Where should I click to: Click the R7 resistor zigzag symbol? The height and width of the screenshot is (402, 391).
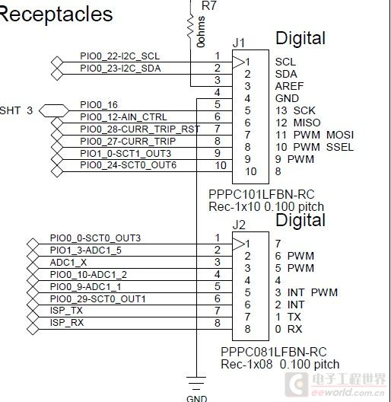click(x=190, y=26)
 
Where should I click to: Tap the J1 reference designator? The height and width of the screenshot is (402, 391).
click(x=239, y=43)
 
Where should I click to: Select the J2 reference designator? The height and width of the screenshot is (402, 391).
click(x=239, y=225)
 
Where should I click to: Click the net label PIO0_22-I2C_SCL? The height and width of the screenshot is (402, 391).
click(x=120, y=56)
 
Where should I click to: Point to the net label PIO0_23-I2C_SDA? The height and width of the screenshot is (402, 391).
click(x=120, y=69)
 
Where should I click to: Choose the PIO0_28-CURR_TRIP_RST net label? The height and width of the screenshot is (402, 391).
click(x=140, y=129)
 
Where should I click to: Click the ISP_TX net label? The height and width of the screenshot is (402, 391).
click(x=66, y=311)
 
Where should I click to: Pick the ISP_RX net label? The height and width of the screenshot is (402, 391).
click(x=67, y=323)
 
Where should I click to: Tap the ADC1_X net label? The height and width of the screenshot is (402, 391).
click(x=68, y=262)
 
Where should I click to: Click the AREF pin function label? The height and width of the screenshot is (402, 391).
click(x=289, y=86)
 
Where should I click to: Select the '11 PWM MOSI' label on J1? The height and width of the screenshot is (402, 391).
click(x=315, y=135)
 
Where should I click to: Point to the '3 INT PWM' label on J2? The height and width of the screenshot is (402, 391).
click(x=307, y=292)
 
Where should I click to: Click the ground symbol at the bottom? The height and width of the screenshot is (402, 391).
click(x=196, y=381)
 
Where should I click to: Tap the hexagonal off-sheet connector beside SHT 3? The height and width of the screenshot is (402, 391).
click(x=54, y=110)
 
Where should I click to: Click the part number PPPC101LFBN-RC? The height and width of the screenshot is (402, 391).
click(x=262, y=194)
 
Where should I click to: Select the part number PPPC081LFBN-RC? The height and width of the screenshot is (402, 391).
click(x=274, y=352)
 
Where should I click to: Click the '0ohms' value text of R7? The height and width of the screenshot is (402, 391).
click(x=201, y=32)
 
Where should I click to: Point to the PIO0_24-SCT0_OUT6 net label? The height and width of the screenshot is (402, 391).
click(x=128, y=165)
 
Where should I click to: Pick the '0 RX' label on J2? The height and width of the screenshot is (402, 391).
click(x=289, y=329)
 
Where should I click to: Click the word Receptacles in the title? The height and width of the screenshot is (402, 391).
click(x=56, y=14)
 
